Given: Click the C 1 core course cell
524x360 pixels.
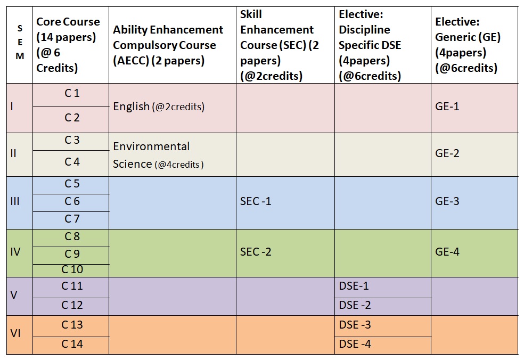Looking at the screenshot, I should (x=71, y=94).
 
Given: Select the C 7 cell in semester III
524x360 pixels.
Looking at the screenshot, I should (x=71, y=219).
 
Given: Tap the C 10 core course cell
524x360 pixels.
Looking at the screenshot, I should (x=71, y=270).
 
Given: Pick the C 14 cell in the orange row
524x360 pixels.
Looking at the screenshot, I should (x=71, y=344).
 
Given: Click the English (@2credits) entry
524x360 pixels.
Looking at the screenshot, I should (x=158, y=107).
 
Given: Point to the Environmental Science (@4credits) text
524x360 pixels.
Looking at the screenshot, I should (x=158, y=155).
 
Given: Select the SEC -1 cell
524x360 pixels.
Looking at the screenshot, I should (x=256, y=201).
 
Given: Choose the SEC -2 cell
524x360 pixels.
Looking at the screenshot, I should (x=256, y=252).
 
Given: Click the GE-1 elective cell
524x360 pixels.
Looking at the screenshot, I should (x=447, y=107).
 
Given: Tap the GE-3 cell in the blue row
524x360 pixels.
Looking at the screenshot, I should (x=447, y=201).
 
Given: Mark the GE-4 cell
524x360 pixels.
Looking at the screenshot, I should (x=447, y=252).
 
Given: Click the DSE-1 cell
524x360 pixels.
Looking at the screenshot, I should (x=354, y=286).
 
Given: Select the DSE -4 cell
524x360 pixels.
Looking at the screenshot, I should (x=355, y=344).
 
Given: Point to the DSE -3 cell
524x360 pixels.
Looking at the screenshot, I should (x=355, y=325).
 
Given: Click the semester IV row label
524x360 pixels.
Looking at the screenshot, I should (x=15, y=252).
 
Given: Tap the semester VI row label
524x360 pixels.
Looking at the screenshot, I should (x=15, y=334).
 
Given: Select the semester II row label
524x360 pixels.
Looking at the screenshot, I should (x=14, y=154).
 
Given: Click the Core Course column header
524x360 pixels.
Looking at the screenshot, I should (x=68, y=45).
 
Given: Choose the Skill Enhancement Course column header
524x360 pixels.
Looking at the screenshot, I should (x=280, y=45).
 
